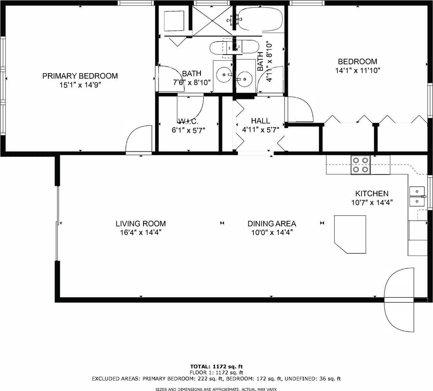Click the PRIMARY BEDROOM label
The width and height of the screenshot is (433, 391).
point(80,76)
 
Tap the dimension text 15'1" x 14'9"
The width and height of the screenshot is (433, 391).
point(80,85)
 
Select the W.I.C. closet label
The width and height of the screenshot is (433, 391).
point(188,121)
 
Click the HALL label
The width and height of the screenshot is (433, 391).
point(261,121)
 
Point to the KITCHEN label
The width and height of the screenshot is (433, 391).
point(372,193)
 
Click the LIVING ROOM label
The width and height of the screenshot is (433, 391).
point(141,224)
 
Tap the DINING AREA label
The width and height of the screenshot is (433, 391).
point(272,224)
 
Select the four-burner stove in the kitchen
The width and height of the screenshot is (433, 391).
point(360,165)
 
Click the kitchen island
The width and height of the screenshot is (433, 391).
point(350,234)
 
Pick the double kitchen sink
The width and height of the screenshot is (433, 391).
point(417,197)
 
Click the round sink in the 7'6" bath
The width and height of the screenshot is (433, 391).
point(224,75)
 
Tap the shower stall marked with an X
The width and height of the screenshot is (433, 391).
point(212,21)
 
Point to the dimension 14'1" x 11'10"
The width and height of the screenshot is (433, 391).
point(358,70)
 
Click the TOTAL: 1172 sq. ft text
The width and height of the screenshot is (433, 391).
point(216,366)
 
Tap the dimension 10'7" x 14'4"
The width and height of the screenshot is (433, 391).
point(372,202)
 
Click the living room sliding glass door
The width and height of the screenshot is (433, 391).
point(57,223)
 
